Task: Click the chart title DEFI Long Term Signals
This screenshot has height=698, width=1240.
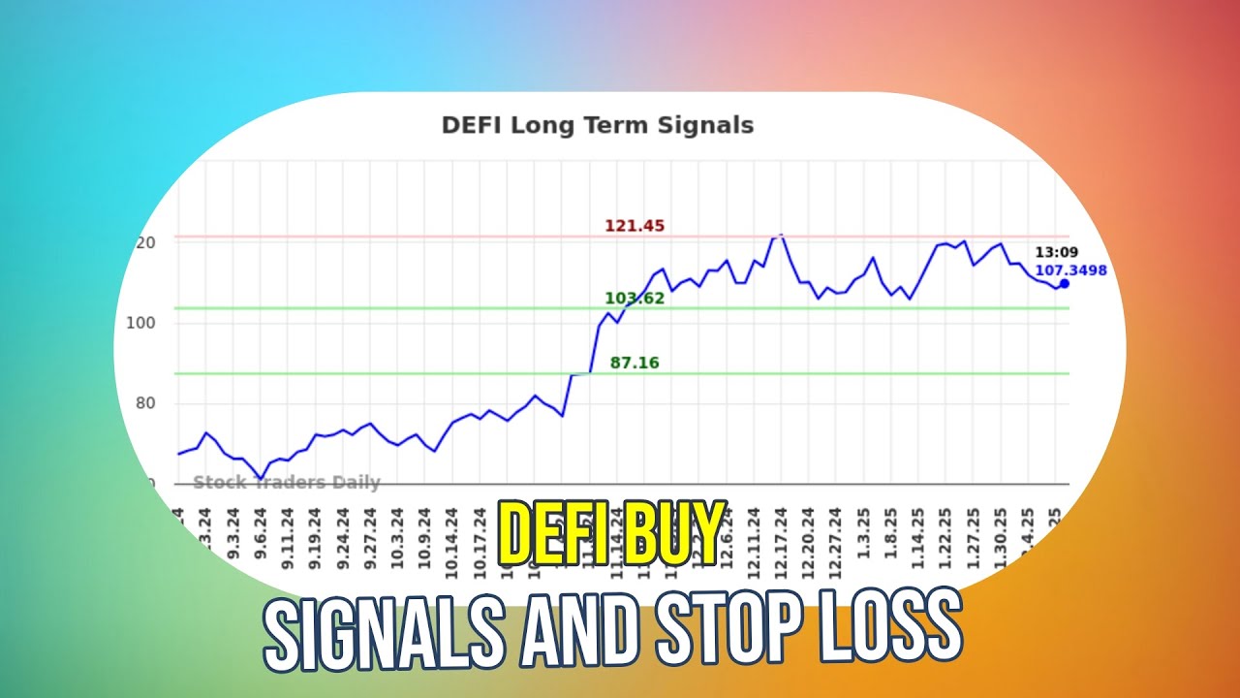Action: point(597,125)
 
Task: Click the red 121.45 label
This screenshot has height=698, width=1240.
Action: point(635,226)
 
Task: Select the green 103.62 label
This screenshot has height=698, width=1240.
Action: point(635,299)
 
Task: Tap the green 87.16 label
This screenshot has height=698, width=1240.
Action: point(635,364)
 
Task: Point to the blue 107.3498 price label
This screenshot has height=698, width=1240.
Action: point(1070,270)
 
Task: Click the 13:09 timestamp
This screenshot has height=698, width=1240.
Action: point(1056,253)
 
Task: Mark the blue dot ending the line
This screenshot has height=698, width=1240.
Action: point(1064,283)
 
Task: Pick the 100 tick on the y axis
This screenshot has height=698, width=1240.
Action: point(140,323)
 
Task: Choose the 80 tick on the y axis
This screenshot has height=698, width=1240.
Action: point(144,403)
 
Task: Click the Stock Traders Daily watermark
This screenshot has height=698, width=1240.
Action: point(287,483)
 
